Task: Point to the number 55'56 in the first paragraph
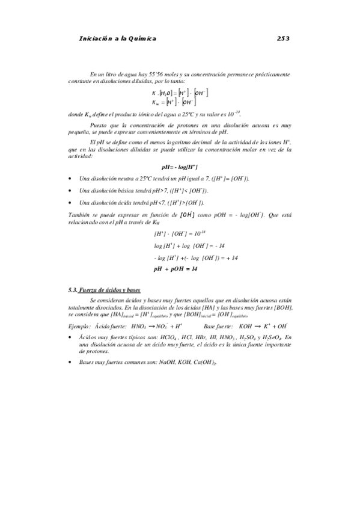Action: click(x=160, y=73)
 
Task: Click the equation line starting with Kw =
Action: click(x=180, y=102)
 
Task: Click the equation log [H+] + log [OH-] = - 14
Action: click(x=181, y=246)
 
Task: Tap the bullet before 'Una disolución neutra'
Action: click(x=71, y=179)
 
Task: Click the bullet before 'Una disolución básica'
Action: click(x=71, y=191)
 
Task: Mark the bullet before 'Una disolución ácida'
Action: click(x=71, y=203)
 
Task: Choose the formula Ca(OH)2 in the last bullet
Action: click(x=204, y=363)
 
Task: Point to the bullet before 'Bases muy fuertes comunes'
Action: click(x=71, y=363)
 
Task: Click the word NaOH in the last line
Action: click(x=159, y=363)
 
